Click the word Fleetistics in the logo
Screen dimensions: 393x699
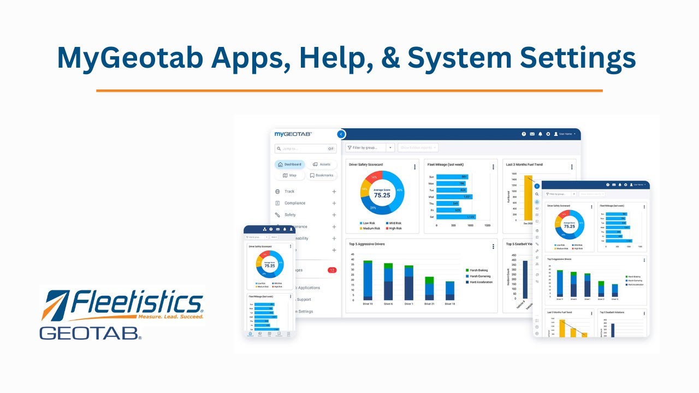(137, 302)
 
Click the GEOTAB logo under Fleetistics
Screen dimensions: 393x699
(90, 333)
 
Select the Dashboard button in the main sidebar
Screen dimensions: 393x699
(289, 164)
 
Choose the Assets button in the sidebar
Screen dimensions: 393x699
(322, 164)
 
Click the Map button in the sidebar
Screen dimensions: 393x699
(289, 175)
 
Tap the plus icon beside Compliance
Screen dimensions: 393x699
(334, 203)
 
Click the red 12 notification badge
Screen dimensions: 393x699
(331, 270)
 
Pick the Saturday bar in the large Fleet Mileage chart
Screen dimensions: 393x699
(456, 217)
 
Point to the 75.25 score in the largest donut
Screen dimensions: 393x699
(382, 194)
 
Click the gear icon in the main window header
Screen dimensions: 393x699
(548, 134)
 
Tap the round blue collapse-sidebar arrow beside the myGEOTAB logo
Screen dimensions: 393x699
(341, 134)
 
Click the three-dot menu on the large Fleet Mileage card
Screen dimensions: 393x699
(493, 167)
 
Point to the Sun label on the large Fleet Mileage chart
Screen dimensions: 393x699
(431, 177)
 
